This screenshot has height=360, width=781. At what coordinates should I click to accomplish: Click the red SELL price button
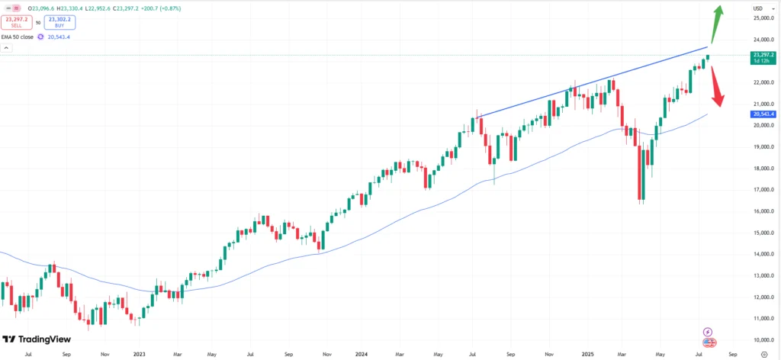15,22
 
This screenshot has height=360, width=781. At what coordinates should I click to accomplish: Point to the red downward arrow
718,86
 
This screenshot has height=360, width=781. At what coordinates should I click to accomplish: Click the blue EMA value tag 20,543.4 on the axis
764,114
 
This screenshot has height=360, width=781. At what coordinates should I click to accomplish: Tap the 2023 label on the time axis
139,355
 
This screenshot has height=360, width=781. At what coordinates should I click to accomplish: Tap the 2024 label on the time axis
362,355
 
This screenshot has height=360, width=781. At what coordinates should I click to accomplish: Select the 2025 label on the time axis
586,355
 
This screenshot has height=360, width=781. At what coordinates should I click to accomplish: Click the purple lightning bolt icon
708,333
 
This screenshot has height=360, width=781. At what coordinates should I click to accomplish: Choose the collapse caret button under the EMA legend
6,48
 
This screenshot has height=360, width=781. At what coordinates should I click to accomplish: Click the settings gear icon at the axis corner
764,355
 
